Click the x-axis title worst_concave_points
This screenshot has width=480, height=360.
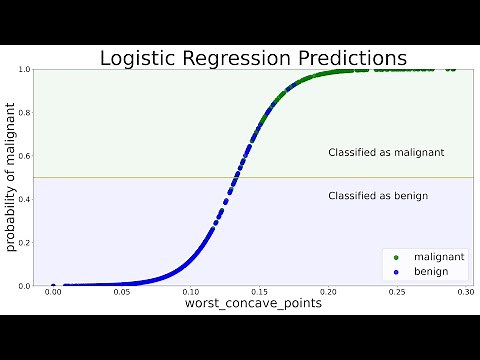coord(253,302)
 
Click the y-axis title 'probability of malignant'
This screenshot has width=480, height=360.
coord(13,178)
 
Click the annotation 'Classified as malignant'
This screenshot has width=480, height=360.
coord(386,153)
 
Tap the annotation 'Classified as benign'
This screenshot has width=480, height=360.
coord(378,196)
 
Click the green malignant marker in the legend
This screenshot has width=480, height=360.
coord(396,257)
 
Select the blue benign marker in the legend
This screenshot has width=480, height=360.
coord(396,271)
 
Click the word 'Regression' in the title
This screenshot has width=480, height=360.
coord(237,58)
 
